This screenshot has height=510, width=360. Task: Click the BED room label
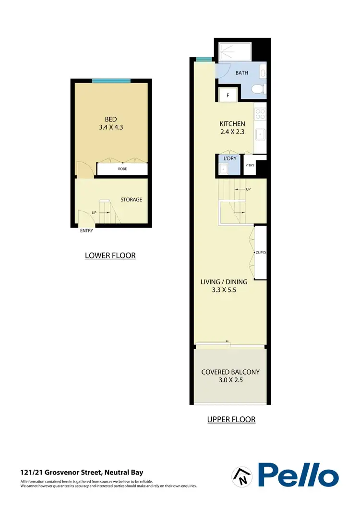point(111,120)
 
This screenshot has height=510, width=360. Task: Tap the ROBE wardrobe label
point(122,169)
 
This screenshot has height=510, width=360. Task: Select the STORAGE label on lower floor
point(131,200)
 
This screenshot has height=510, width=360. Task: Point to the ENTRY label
point(86,231)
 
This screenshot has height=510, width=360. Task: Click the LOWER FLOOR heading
point(110,255)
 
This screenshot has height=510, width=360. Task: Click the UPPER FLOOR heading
point(231,419)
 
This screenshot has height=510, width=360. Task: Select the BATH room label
point(242,73)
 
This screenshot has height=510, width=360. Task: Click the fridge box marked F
point(228,96)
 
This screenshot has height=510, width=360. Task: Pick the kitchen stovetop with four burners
point(260,113)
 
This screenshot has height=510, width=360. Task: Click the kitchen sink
point(260,134)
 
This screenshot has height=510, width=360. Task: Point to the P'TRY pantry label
point(250,165)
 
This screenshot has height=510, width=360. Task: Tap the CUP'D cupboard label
point(261,252)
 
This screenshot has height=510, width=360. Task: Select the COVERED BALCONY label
point(230,372)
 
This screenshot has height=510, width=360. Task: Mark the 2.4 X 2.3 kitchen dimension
point(232,132)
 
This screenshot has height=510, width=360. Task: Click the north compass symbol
point(240,475)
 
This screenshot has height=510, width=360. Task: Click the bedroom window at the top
point(111,81)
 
